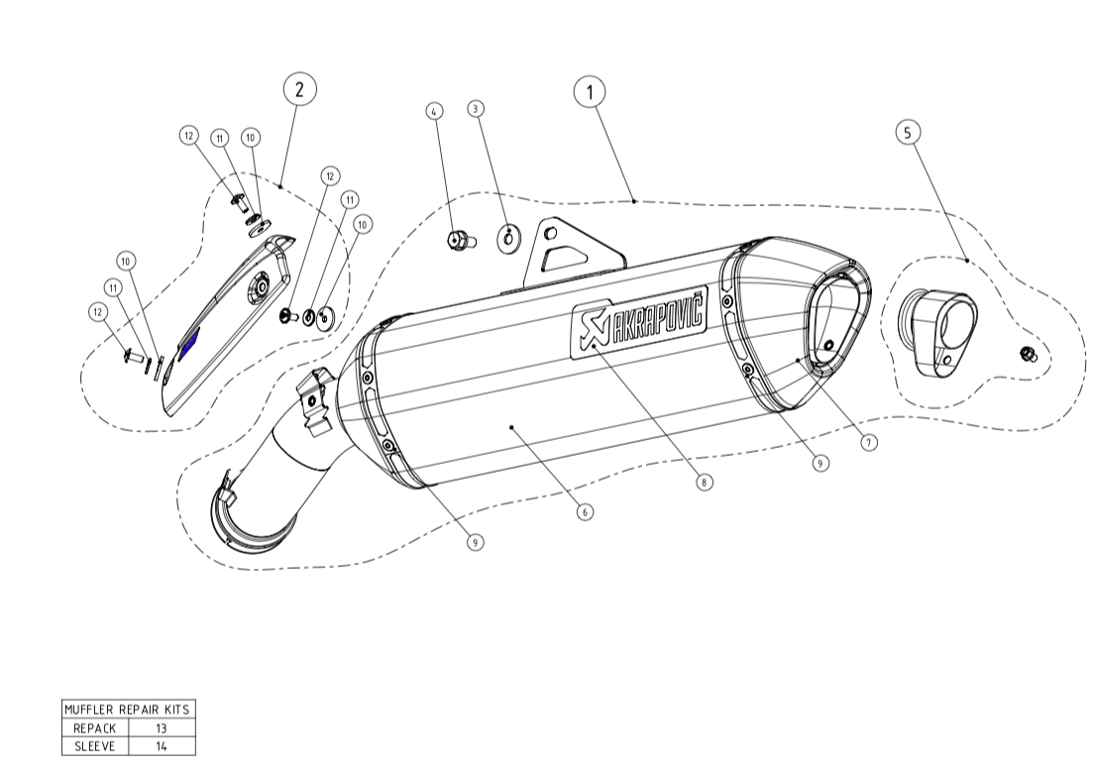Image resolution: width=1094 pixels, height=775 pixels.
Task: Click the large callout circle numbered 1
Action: click(x=590, y=92)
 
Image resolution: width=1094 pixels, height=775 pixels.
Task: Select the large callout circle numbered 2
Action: click(x=299, y=88)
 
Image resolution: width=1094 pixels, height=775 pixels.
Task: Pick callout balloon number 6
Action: click(x=586, y=512)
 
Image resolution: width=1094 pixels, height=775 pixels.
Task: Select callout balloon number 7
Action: click(x=869, y=443)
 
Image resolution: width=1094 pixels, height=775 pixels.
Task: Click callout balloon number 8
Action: click(x=703, y=483)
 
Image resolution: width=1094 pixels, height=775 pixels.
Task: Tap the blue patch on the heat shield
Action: click(x=188, y=343)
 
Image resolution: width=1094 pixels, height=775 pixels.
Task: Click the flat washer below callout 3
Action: click(x=508, y=239)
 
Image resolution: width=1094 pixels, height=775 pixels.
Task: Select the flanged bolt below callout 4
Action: click(x=459, y=239)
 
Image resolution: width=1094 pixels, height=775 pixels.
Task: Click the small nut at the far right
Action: click(x=1028, y=355)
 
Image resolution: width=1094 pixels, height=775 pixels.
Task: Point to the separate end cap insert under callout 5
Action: click(x=937, y=333)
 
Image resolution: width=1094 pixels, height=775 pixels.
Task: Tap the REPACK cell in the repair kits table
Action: click(x=95, y=727)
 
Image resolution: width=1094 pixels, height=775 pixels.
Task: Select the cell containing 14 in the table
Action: click(x=162, y=745)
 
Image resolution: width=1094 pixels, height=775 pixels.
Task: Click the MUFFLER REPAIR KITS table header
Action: click(x=127, y=710)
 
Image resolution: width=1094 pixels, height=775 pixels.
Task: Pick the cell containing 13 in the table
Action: click(x=162, y=727)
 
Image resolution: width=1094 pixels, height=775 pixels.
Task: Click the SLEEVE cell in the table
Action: click(x=95, y=745)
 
